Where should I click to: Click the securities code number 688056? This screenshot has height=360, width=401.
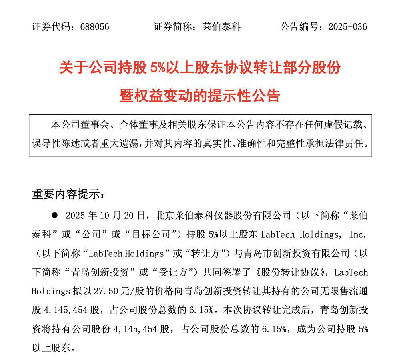94,27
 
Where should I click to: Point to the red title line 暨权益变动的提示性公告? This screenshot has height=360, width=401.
200,96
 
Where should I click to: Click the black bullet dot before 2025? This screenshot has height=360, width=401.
55,216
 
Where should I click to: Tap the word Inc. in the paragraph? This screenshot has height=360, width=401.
357,234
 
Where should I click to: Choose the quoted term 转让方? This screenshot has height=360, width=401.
208,253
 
